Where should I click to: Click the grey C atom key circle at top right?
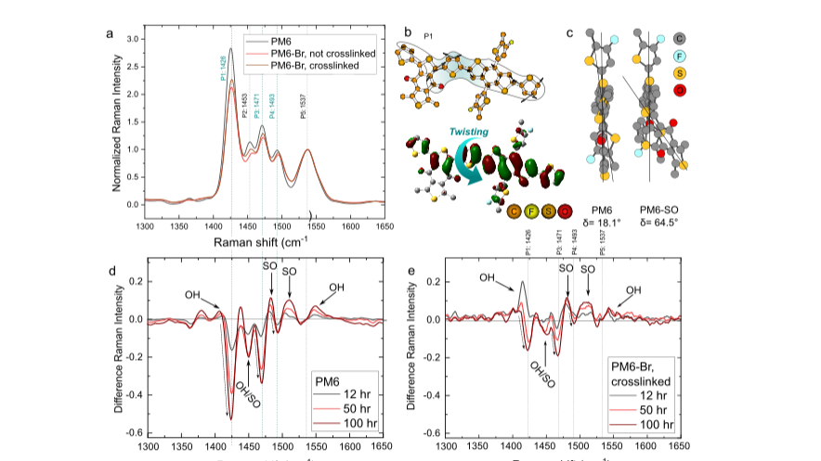coord(681,38)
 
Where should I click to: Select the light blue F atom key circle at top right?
coord(681,56)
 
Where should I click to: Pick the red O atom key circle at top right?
coord(681,90)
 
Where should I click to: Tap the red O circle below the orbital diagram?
coord(565,211)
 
